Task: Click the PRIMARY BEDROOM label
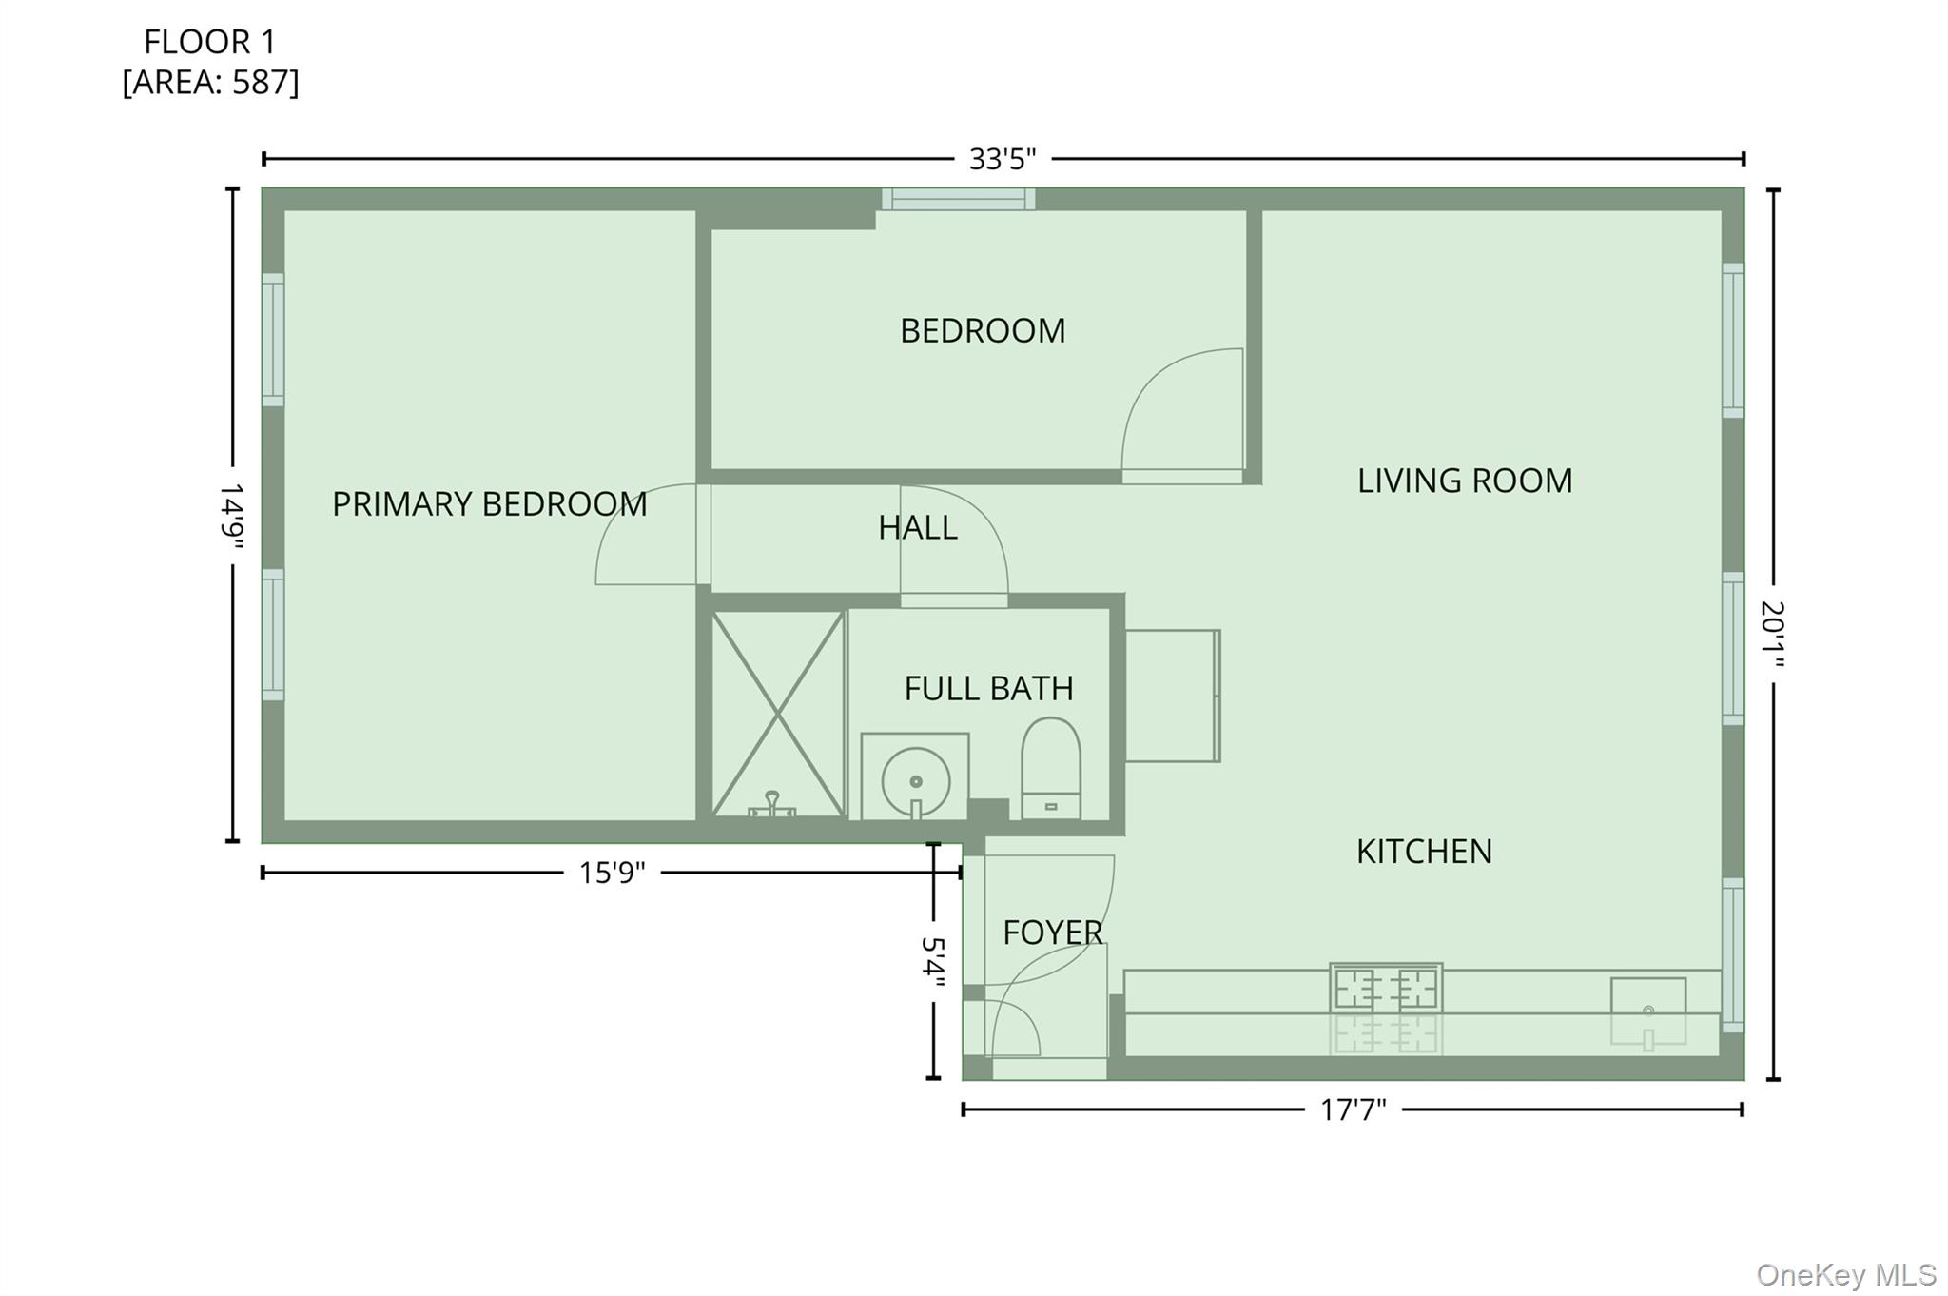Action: [489, 503]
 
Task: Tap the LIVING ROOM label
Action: [1465, 481]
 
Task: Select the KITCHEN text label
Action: [1424, 851]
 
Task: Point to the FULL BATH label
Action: [988, 688]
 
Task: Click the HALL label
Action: [917, 527]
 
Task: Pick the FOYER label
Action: [1053, 933]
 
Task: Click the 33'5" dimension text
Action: [1002, 159]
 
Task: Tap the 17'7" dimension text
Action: [1353, 1109]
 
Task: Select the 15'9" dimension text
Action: [612, 873]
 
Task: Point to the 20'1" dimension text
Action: [1772, 634]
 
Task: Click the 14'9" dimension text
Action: [231, 517]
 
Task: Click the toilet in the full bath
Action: [1051, 768]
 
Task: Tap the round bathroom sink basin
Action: [915, 781]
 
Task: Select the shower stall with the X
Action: [778, 714]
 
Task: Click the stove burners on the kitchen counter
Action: [1386, 989]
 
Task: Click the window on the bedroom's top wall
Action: [958, 199]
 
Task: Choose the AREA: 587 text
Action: [210, 83]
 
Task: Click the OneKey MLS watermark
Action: [1846, 1274]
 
